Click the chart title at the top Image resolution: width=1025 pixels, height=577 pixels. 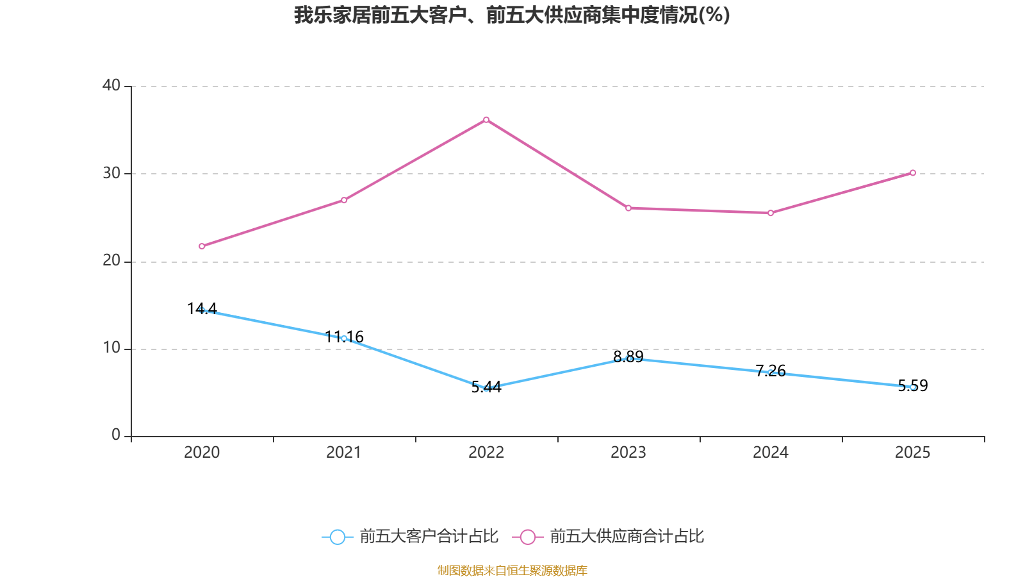click(512, 15)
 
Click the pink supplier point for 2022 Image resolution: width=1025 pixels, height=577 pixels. click(486, 120)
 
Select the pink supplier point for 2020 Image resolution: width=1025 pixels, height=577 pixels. click(202, 246)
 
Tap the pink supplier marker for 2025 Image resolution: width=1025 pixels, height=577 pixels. click(913, 172)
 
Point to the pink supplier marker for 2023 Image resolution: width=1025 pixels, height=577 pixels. click(628, 208)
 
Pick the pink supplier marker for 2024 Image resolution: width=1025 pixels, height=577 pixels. click(771, 213)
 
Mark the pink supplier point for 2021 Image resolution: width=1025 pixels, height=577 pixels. click(344, 200)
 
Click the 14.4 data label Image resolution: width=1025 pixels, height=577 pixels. click(202, 309)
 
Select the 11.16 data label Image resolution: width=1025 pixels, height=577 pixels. click(344, 337)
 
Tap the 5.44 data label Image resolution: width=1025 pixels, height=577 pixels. click(486, 387)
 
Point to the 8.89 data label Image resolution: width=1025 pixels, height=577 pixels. click(628, 357)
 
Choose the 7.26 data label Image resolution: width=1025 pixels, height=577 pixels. click(771, 371)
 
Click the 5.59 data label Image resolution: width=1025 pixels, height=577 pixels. click(913, 385)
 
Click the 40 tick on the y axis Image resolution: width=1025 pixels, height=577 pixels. click(111, 85)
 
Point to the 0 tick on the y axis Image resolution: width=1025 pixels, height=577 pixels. click(116, 435)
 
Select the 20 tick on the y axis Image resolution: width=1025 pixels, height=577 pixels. click(111, 261)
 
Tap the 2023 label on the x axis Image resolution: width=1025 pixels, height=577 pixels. click(628, 453)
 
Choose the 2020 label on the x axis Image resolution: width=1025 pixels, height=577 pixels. click(202, 453)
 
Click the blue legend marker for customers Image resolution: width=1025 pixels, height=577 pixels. click(337, 537)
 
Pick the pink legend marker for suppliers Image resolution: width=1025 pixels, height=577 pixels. click(527, 537)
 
